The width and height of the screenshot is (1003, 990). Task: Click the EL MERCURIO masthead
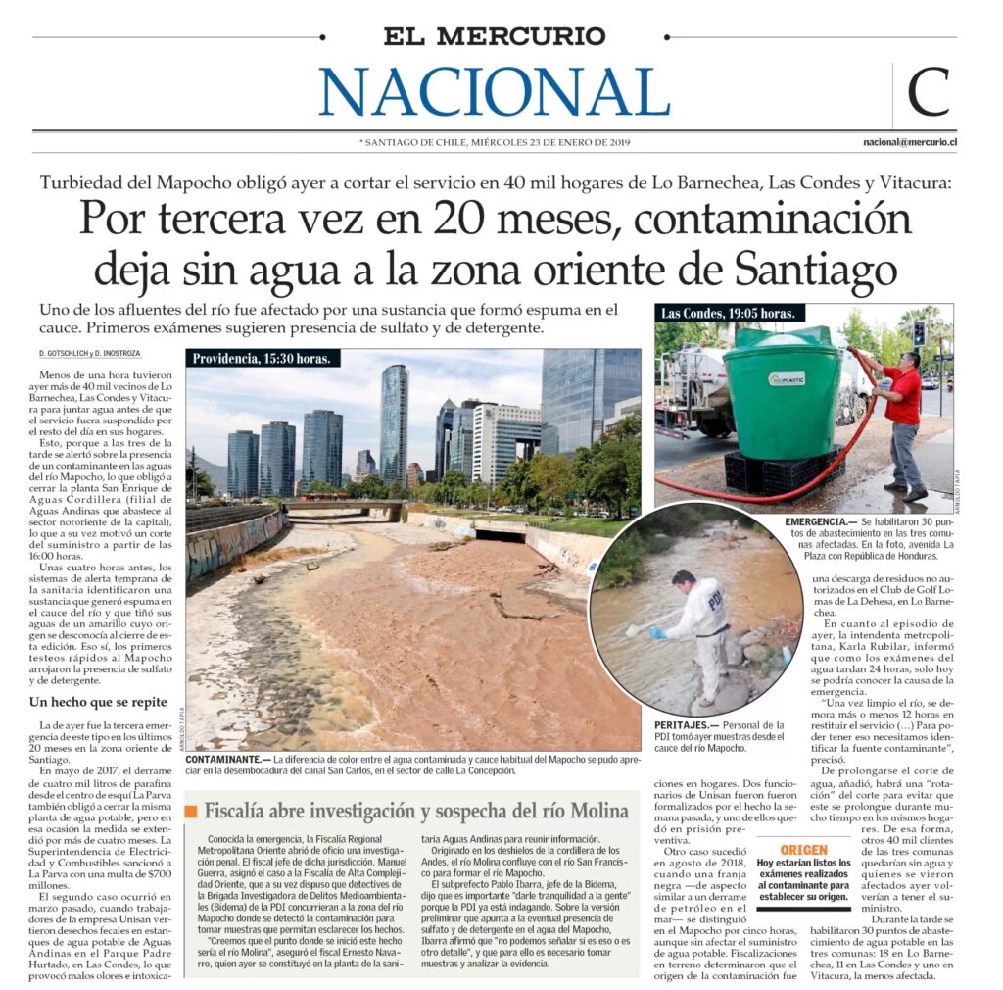click(495, 37)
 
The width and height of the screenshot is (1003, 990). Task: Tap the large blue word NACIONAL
click(495, 92)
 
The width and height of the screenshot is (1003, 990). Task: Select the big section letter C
click(928, 94)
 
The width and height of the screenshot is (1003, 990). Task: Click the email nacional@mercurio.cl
click(909, 142)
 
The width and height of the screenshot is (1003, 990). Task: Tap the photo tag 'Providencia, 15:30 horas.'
click(262, 359)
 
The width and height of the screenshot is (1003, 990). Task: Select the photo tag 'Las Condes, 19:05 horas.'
click(730, 314)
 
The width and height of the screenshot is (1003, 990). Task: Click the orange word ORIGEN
click(804, 850)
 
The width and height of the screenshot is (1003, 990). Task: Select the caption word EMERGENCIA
click(819, 523)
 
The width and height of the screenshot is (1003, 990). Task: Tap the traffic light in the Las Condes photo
click(919, 332)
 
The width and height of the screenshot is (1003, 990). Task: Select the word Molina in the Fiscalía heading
click(595, 812)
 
